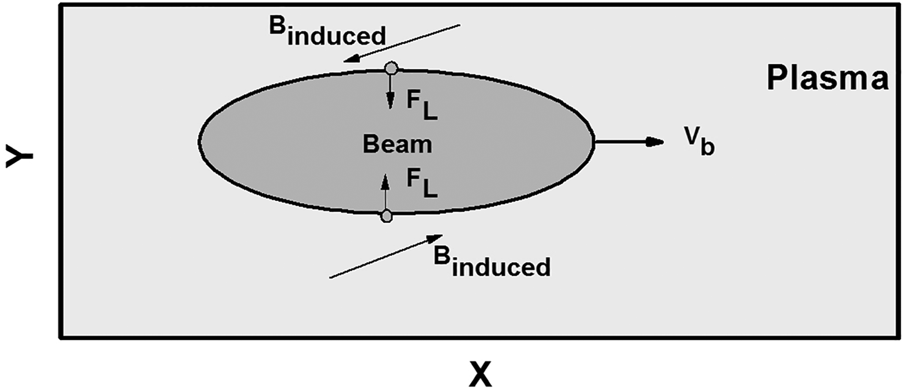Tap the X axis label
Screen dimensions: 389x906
(x=480, y=373)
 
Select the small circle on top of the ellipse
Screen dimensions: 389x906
(x=390, y=68)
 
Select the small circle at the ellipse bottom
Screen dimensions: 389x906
(x=386, y=216)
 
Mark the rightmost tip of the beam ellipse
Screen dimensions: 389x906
(x=593, y=140)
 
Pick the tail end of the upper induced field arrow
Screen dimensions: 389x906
(x=459, y=25)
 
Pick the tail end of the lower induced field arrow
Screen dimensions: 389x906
(x=330, y=278)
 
